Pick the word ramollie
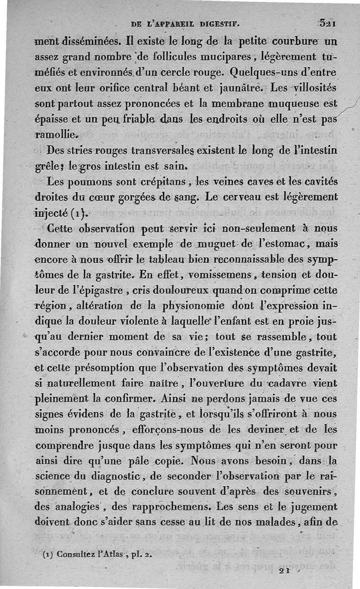(56, 133)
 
